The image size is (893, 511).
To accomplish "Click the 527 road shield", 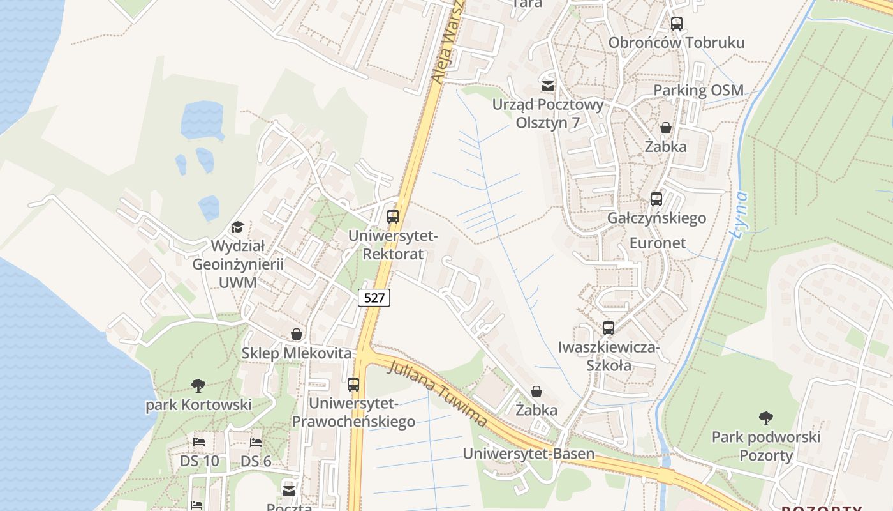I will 374,297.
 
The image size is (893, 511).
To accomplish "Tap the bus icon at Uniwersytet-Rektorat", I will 393,216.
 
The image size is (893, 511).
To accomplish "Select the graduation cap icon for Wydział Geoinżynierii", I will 238,227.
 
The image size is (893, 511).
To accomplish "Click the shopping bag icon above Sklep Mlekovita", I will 297,333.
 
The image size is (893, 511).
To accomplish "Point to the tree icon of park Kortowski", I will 198,385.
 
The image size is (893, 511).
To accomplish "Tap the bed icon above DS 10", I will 199,441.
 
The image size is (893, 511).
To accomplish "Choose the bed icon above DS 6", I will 256,441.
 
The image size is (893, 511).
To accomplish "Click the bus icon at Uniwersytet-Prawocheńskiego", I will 353,384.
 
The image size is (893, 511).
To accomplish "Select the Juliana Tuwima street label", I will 438,394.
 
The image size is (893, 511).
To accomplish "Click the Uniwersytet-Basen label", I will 528,454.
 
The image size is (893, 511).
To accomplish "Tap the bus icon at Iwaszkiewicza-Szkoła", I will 609,328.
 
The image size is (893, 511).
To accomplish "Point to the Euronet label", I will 658,243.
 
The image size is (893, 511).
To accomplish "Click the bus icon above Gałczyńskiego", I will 656,199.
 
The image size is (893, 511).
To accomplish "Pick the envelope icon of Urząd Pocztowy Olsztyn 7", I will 547,86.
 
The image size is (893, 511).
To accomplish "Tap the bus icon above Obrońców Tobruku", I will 677,24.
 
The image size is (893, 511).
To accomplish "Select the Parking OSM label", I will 698,90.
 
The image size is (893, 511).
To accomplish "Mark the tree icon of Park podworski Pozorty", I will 766,418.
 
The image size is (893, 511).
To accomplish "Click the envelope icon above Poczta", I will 289,491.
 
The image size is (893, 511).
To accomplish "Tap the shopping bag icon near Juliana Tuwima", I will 536,391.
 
